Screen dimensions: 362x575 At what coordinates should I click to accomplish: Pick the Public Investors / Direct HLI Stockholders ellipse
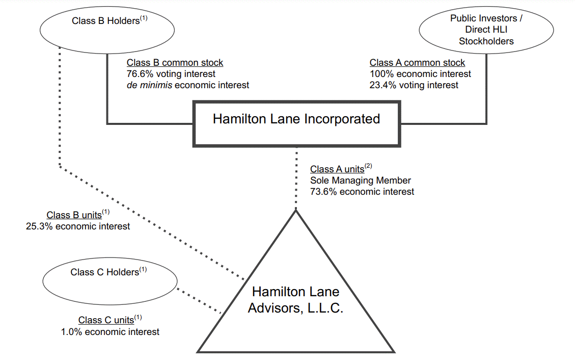[486, 30]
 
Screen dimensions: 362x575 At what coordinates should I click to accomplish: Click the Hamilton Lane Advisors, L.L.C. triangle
[295, 301]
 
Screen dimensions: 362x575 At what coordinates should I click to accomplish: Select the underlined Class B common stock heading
[175, 63]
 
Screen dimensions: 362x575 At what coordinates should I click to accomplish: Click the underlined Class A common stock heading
[417, 63]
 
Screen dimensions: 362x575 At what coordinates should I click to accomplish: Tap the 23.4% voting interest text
[414, 85]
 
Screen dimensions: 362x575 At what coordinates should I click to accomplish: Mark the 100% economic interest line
[420, 74]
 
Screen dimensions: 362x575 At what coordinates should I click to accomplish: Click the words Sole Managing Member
[360, 180]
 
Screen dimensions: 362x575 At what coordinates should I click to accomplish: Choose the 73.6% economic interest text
[362, 192]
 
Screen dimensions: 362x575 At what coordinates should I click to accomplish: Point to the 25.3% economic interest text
[78, 226]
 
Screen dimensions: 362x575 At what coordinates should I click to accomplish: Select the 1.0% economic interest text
[110, 332]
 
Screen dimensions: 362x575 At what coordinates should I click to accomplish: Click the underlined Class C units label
[106, 321]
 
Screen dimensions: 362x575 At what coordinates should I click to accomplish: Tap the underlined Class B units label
[74, 215]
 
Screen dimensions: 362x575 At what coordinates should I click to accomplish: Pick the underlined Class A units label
[337, 169]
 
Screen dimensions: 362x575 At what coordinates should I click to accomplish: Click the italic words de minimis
[149, 85]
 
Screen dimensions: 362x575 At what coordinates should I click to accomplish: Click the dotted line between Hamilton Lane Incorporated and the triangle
[296, 178]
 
